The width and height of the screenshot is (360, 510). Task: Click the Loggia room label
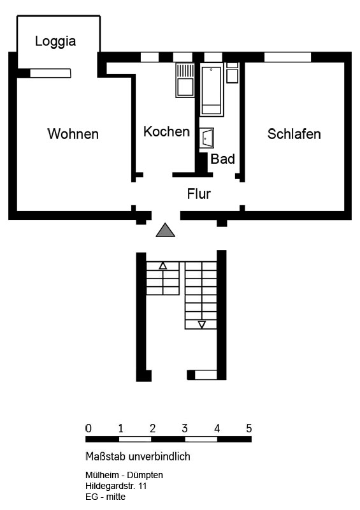coord(55,41)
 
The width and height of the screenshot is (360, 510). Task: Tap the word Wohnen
coord(73,134)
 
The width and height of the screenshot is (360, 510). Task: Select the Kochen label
coord(166,132)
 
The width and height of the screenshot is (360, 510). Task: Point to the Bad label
coord(222,159)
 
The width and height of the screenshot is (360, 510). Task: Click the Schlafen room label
coord(294,134)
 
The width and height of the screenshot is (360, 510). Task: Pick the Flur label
coord(199,194)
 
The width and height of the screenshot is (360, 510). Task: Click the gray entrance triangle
coord(165,230)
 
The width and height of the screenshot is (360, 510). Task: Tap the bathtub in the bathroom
coord(212,90)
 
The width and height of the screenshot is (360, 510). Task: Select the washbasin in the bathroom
coord(206,138)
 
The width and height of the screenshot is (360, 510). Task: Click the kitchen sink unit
coord(185,80)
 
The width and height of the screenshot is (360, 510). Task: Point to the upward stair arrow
coord(163,266)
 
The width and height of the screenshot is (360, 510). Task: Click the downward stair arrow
coord(201,324)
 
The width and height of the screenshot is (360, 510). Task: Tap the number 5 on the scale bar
coord(248,428)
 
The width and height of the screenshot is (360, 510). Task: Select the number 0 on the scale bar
coord(88,428)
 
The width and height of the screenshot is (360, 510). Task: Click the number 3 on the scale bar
coord(185,428)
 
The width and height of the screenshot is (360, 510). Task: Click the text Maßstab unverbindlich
coord(138,456)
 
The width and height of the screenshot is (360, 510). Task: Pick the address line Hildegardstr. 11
coord(116,486)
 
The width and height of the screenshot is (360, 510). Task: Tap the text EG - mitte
coord(105,497)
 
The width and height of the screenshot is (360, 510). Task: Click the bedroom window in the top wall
coord(287,57)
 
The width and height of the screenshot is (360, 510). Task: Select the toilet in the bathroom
coord(232,73)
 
